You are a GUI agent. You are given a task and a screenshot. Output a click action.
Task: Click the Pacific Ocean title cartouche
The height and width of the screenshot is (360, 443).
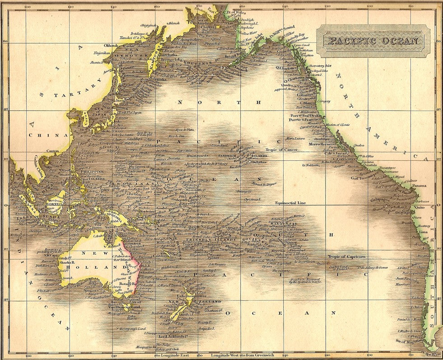coord(373,41)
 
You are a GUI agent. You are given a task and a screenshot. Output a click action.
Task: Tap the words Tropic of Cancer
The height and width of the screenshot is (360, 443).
coord(280,150)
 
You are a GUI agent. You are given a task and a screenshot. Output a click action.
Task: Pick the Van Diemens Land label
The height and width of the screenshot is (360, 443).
coord(123,307)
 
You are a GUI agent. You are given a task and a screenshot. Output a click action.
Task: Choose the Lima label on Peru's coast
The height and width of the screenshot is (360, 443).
coord(423,232)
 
